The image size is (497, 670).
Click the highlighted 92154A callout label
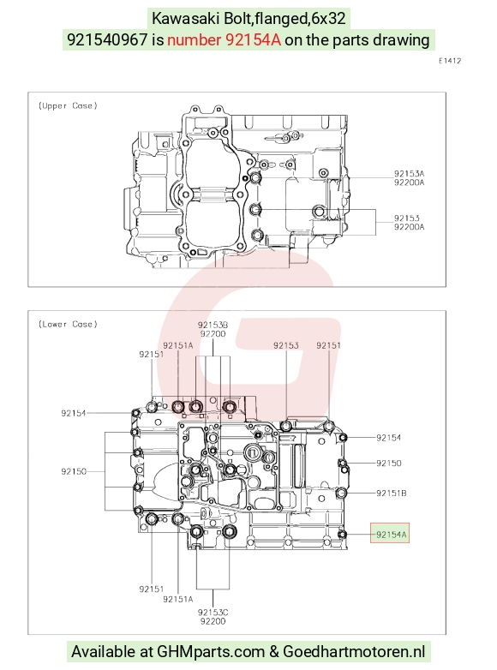point(390,533)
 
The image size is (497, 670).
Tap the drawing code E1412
point(450,61)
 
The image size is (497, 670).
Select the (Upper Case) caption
point(68,105)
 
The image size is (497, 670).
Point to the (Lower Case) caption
point(68,324)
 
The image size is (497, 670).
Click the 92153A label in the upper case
point(409,173)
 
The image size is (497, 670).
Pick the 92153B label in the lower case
point(213,325)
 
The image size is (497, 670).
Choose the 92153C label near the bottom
point(213,613)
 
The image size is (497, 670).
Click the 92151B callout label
point(392,494)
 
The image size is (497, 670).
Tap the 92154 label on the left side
point(74,413)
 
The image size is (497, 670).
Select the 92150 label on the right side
point(389,464)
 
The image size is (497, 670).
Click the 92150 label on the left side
point(74,471)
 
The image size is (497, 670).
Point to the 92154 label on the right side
point(389,438)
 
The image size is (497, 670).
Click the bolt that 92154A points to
point(342,534)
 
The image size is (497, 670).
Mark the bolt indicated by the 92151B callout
point(340,494)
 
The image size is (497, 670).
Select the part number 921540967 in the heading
point(107,39)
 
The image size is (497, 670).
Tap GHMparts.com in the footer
point(211,652)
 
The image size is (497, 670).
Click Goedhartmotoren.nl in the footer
point(354,652)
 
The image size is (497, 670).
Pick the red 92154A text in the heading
point(253,39)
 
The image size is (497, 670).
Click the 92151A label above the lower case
point(177,345)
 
